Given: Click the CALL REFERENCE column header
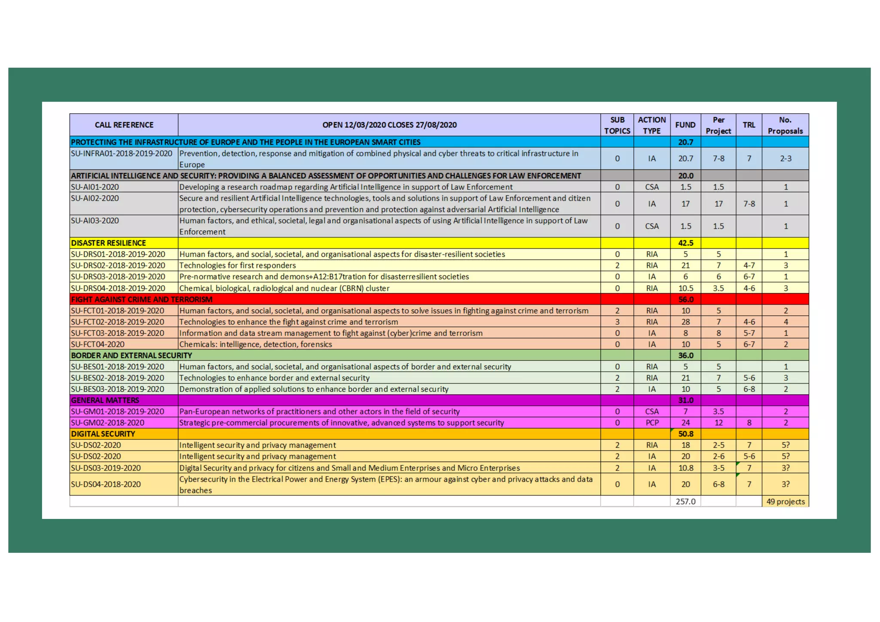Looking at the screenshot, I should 124,125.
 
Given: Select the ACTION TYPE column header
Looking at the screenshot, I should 651,125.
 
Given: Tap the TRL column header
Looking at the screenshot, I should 749,125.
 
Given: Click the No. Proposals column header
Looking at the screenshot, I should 785,125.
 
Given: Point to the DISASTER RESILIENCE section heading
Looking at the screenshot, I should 108,243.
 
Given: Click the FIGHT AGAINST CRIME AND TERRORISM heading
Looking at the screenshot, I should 141,299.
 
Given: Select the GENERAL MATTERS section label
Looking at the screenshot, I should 105,400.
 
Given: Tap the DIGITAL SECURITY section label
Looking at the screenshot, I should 103,434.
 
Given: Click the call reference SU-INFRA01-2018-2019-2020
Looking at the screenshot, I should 122,154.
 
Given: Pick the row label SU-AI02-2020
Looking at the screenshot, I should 95,198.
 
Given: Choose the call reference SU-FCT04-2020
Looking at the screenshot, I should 98,344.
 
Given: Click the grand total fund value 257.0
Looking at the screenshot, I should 685,501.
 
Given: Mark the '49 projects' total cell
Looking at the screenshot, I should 785,501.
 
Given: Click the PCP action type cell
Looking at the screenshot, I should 652,423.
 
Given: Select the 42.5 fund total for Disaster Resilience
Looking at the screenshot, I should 685,243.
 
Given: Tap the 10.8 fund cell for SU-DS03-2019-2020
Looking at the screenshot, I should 685,468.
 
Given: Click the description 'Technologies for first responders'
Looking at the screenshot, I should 238,265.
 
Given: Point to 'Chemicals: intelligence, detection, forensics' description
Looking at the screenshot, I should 256,344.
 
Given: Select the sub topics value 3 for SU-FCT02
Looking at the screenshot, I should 617,322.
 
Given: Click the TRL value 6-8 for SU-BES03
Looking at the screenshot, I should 749,389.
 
